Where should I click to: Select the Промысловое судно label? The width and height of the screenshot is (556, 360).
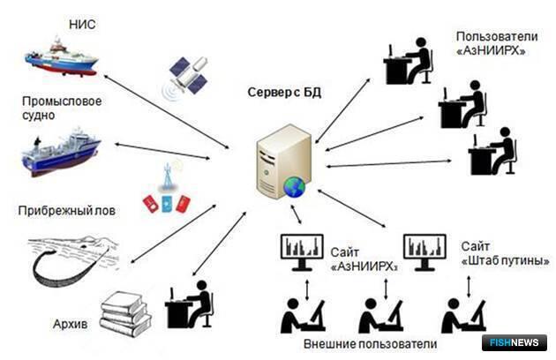[x=63, y=109]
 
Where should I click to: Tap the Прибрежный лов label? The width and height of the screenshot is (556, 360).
[x=67, y=211]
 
